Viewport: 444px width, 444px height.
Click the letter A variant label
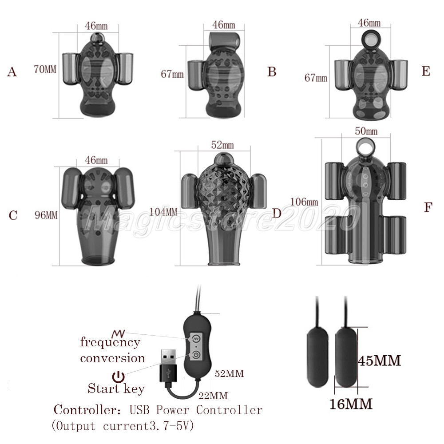pyautogui.click(x=12, y=72)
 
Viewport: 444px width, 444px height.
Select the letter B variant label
pyautogui.click(x=272, y=72)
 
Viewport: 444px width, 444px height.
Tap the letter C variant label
pyautogui.click(x=13, y=215)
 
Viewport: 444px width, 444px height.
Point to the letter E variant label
pyautogui.click(x=426, y=71)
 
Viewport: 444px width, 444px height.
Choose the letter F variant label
pyautogui.click(x=428, y=207)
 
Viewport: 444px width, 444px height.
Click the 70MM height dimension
pyautogui.click(x=45, y=69)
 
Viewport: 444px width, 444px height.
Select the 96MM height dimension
pyautogui.click(x=46, y=215)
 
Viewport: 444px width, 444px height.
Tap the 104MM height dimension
pyautogui.click(x=163, y=212)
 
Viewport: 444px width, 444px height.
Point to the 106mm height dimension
pyautogui.click(x=304, y=202)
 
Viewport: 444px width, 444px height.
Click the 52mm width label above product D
pyautogui.click(x=222, y=145)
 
